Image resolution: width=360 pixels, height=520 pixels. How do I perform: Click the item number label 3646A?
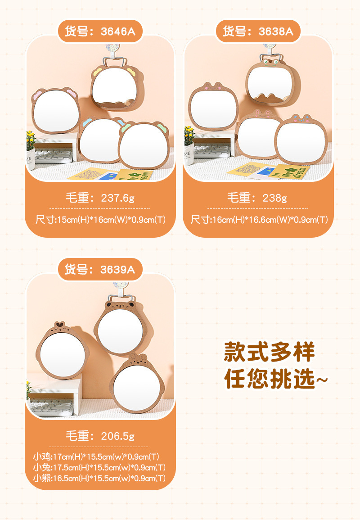point(100,32)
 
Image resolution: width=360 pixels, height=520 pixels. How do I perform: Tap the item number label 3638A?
point(258,32)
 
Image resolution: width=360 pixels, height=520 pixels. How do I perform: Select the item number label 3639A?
point(100,270)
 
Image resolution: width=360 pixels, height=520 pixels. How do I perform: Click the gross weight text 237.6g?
point(100,198)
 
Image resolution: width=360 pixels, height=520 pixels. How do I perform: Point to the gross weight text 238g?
point(257,198)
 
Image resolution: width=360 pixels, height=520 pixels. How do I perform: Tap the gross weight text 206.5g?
point(100,436)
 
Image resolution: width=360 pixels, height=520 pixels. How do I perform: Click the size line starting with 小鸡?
point(96,457)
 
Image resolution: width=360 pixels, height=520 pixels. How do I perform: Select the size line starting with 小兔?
point(99,468)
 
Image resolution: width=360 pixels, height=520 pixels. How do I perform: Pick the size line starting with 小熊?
point(99,478)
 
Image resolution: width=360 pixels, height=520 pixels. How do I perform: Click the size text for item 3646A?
point(100,220)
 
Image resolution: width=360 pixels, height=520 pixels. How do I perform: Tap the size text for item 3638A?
point(259,220)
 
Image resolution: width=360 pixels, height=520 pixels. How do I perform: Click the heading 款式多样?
point(270,352)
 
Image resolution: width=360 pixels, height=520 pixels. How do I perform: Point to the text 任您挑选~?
point(276,379)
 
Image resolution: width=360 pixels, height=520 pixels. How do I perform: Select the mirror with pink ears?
point(56,110)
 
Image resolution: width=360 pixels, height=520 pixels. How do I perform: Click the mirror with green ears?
point(144,145)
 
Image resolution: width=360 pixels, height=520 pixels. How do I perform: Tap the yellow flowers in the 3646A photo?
point(31,140)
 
